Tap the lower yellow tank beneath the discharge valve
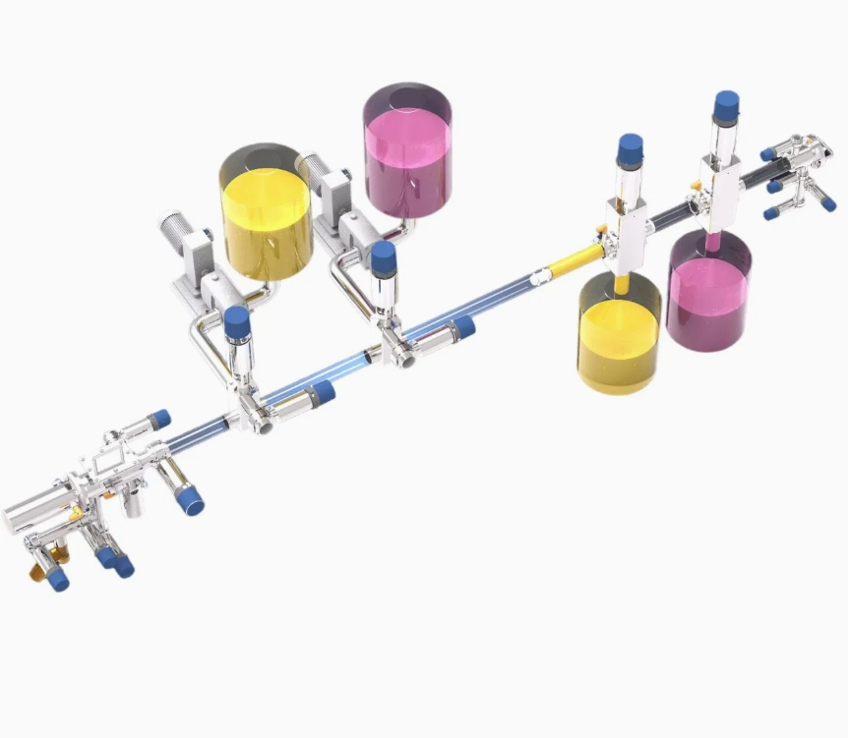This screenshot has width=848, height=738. [618, 339]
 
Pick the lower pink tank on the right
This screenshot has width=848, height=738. [708, 295]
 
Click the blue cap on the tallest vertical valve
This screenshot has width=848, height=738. [726, 105]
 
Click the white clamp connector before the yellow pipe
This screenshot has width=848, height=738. [537, 278]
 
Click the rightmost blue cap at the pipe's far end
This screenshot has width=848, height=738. [828, 204]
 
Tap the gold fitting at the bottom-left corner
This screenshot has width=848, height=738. [38, 570]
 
